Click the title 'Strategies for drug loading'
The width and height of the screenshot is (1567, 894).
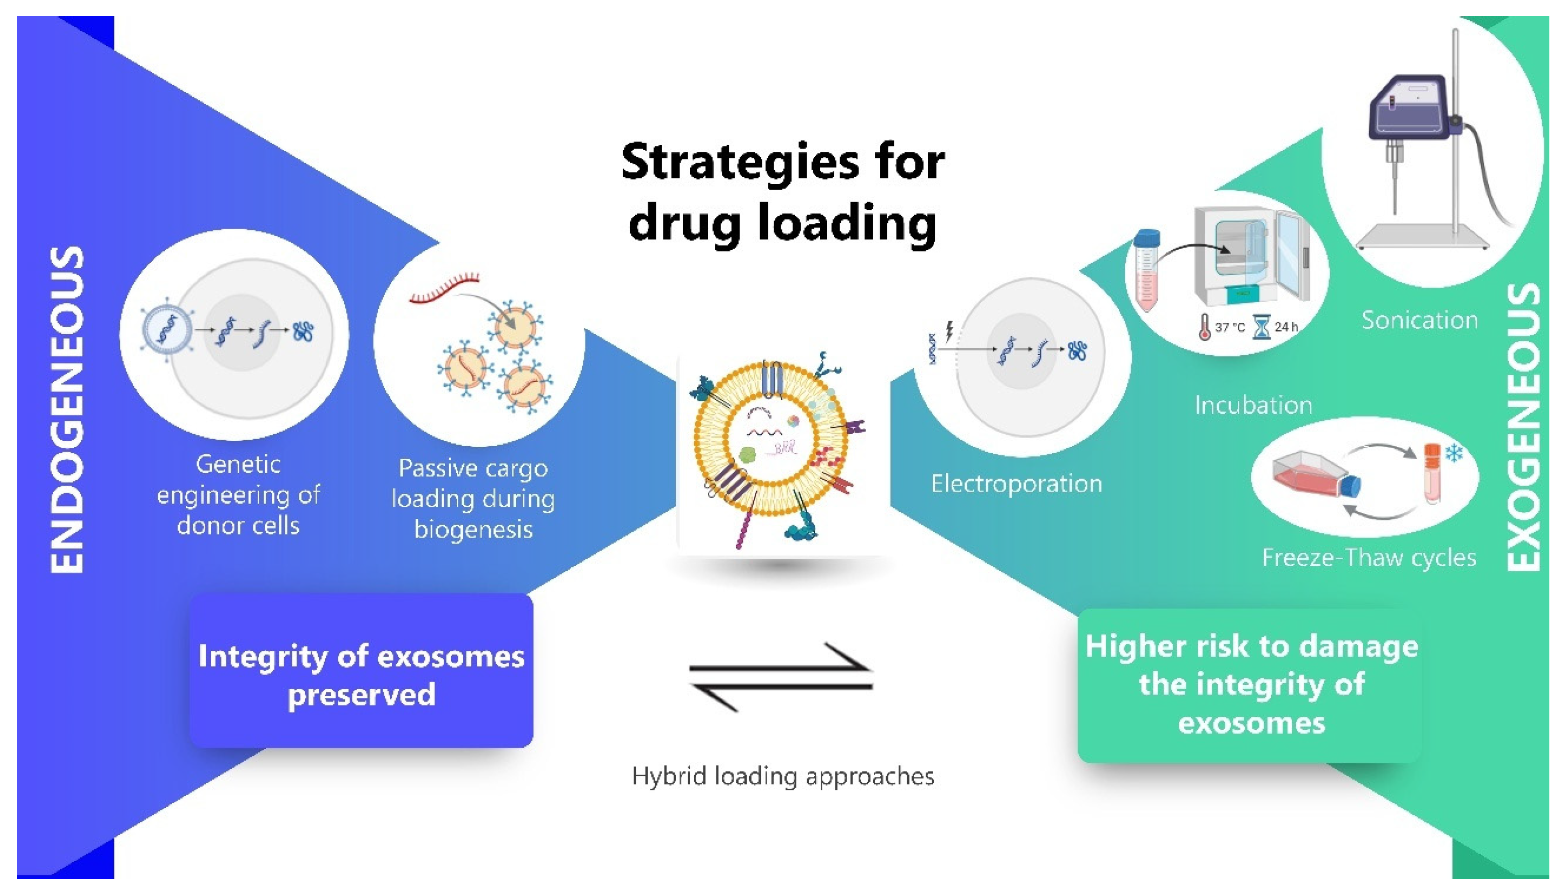click(782, 192)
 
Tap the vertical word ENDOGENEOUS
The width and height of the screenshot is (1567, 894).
click(66, 410)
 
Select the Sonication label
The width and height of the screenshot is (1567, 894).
click(1419, 321)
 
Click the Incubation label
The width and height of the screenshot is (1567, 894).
click(1253, 405)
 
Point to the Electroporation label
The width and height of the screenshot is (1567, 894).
click(1016, 484)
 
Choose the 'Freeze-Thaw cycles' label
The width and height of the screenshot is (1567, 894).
click(1369, 558)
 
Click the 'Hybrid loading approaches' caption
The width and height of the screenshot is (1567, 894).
click(782, 776)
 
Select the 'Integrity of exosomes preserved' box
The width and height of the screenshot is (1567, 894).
click(361, 671)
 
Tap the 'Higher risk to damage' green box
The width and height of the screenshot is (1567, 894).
click(1251, 685)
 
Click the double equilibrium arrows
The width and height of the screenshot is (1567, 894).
click(781, 677)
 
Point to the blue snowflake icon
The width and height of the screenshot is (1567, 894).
click(1454, 453)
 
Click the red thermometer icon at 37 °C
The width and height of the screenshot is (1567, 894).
click(1204, 327)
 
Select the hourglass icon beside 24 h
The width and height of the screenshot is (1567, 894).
click(1261, 327)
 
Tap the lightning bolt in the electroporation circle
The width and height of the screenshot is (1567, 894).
click(949, 332)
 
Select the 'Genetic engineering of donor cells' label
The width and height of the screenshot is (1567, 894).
click(238, 495)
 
